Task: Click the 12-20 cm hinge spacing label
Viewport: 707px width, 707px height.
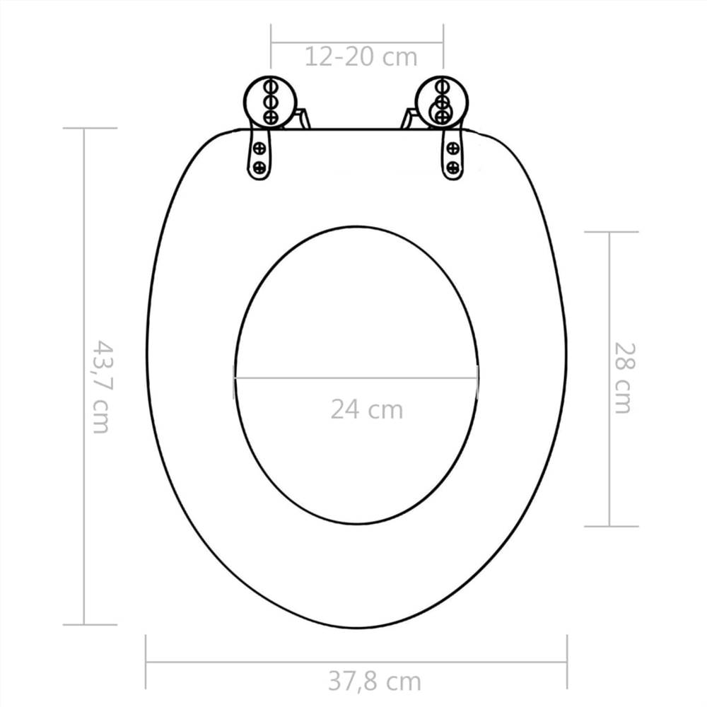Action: (361, 57)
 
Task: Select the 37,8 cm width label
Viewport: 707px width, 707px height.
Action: (374, 682)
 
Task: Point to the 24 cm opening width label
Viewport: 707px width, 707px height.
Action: (366, 409)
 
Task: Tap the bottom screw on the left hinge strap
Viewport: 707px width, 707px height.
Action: (259, 167)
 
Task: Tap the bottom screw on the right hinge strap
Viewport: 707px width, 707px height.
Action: (452, 168)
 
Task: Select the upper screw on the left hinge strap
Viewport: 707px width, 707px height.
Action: (259, 148)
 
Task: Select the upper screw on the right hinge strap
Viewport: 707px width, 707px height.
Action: (452, 148)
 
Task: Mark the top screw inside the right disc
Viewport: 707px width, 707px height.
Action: (442, 87)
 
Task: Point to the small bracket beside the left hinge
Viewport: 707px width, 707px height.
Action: (303, 117)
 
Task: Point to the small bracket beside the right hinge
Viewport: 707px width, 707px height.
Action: (409, 117)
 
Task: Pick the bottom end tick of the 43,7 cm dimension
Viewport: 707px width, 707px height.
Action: (89, 624)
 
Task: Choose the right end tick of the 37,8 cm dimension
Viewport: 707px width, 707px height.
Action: (566, 662)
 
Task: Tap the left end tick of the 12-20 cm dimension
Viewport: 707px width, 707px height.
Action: (271, 44)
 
